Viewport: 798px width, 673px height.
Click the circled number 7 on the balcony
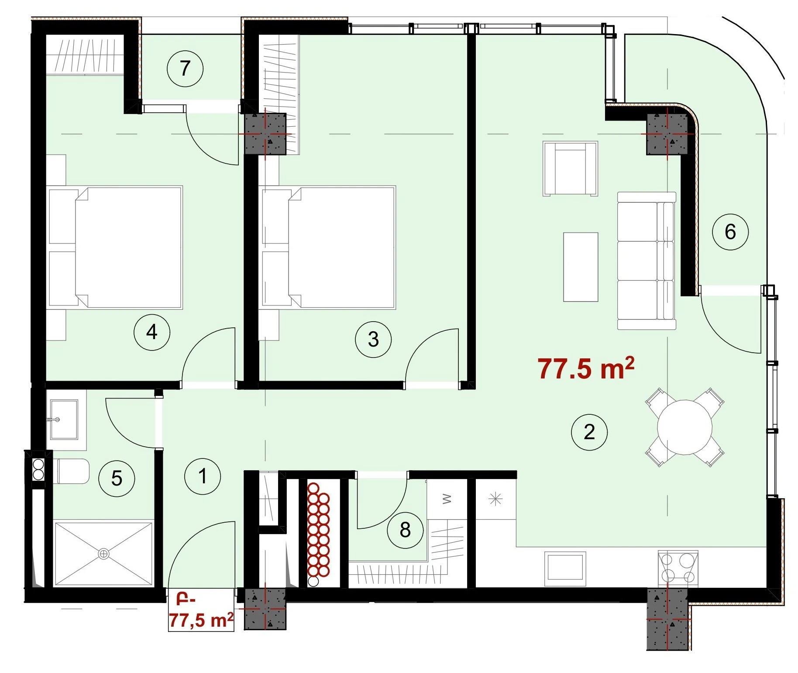tap(185, 69)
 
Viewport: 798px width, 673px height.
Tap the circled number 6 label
tap(730, 232)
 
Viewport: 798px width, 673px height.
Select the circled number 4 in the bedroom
tap(151, 333)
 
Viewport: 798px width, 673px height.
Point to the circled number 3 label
tap(373, 339)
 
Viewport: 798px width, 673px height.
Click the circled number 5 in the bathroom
tap(117, 479)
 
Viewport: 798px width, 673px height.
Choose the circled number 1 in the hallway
tap(203, 476)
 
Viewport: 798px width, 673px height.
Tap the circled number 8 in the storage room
tap(405, 530)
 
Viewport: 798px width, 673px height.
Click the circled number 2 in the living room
tap(589, 432)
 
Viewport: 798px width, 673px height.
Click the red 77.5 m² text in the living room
tap(586, 368)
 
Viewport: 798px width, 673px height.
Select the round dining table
tap(684, 427)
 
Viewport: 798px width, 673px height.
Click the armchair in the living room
tap(570, 168)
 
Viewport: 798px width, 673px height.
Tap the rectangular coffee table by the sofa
tap(581, 267)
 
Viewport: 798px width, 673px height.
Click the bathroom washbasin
tap(63, 419)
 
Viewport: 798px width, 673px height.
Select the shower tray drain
tap(103, 554)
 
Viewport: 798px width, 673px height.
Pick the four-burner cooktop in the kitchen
tap(678, 568)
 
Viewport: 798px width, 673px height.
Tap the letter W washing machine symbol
tap(446, 499)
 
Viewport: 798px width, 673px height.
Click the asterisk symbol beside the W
tap(495, 499)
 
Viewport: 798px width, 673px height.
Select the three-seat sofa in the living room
tap(647, 260)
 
